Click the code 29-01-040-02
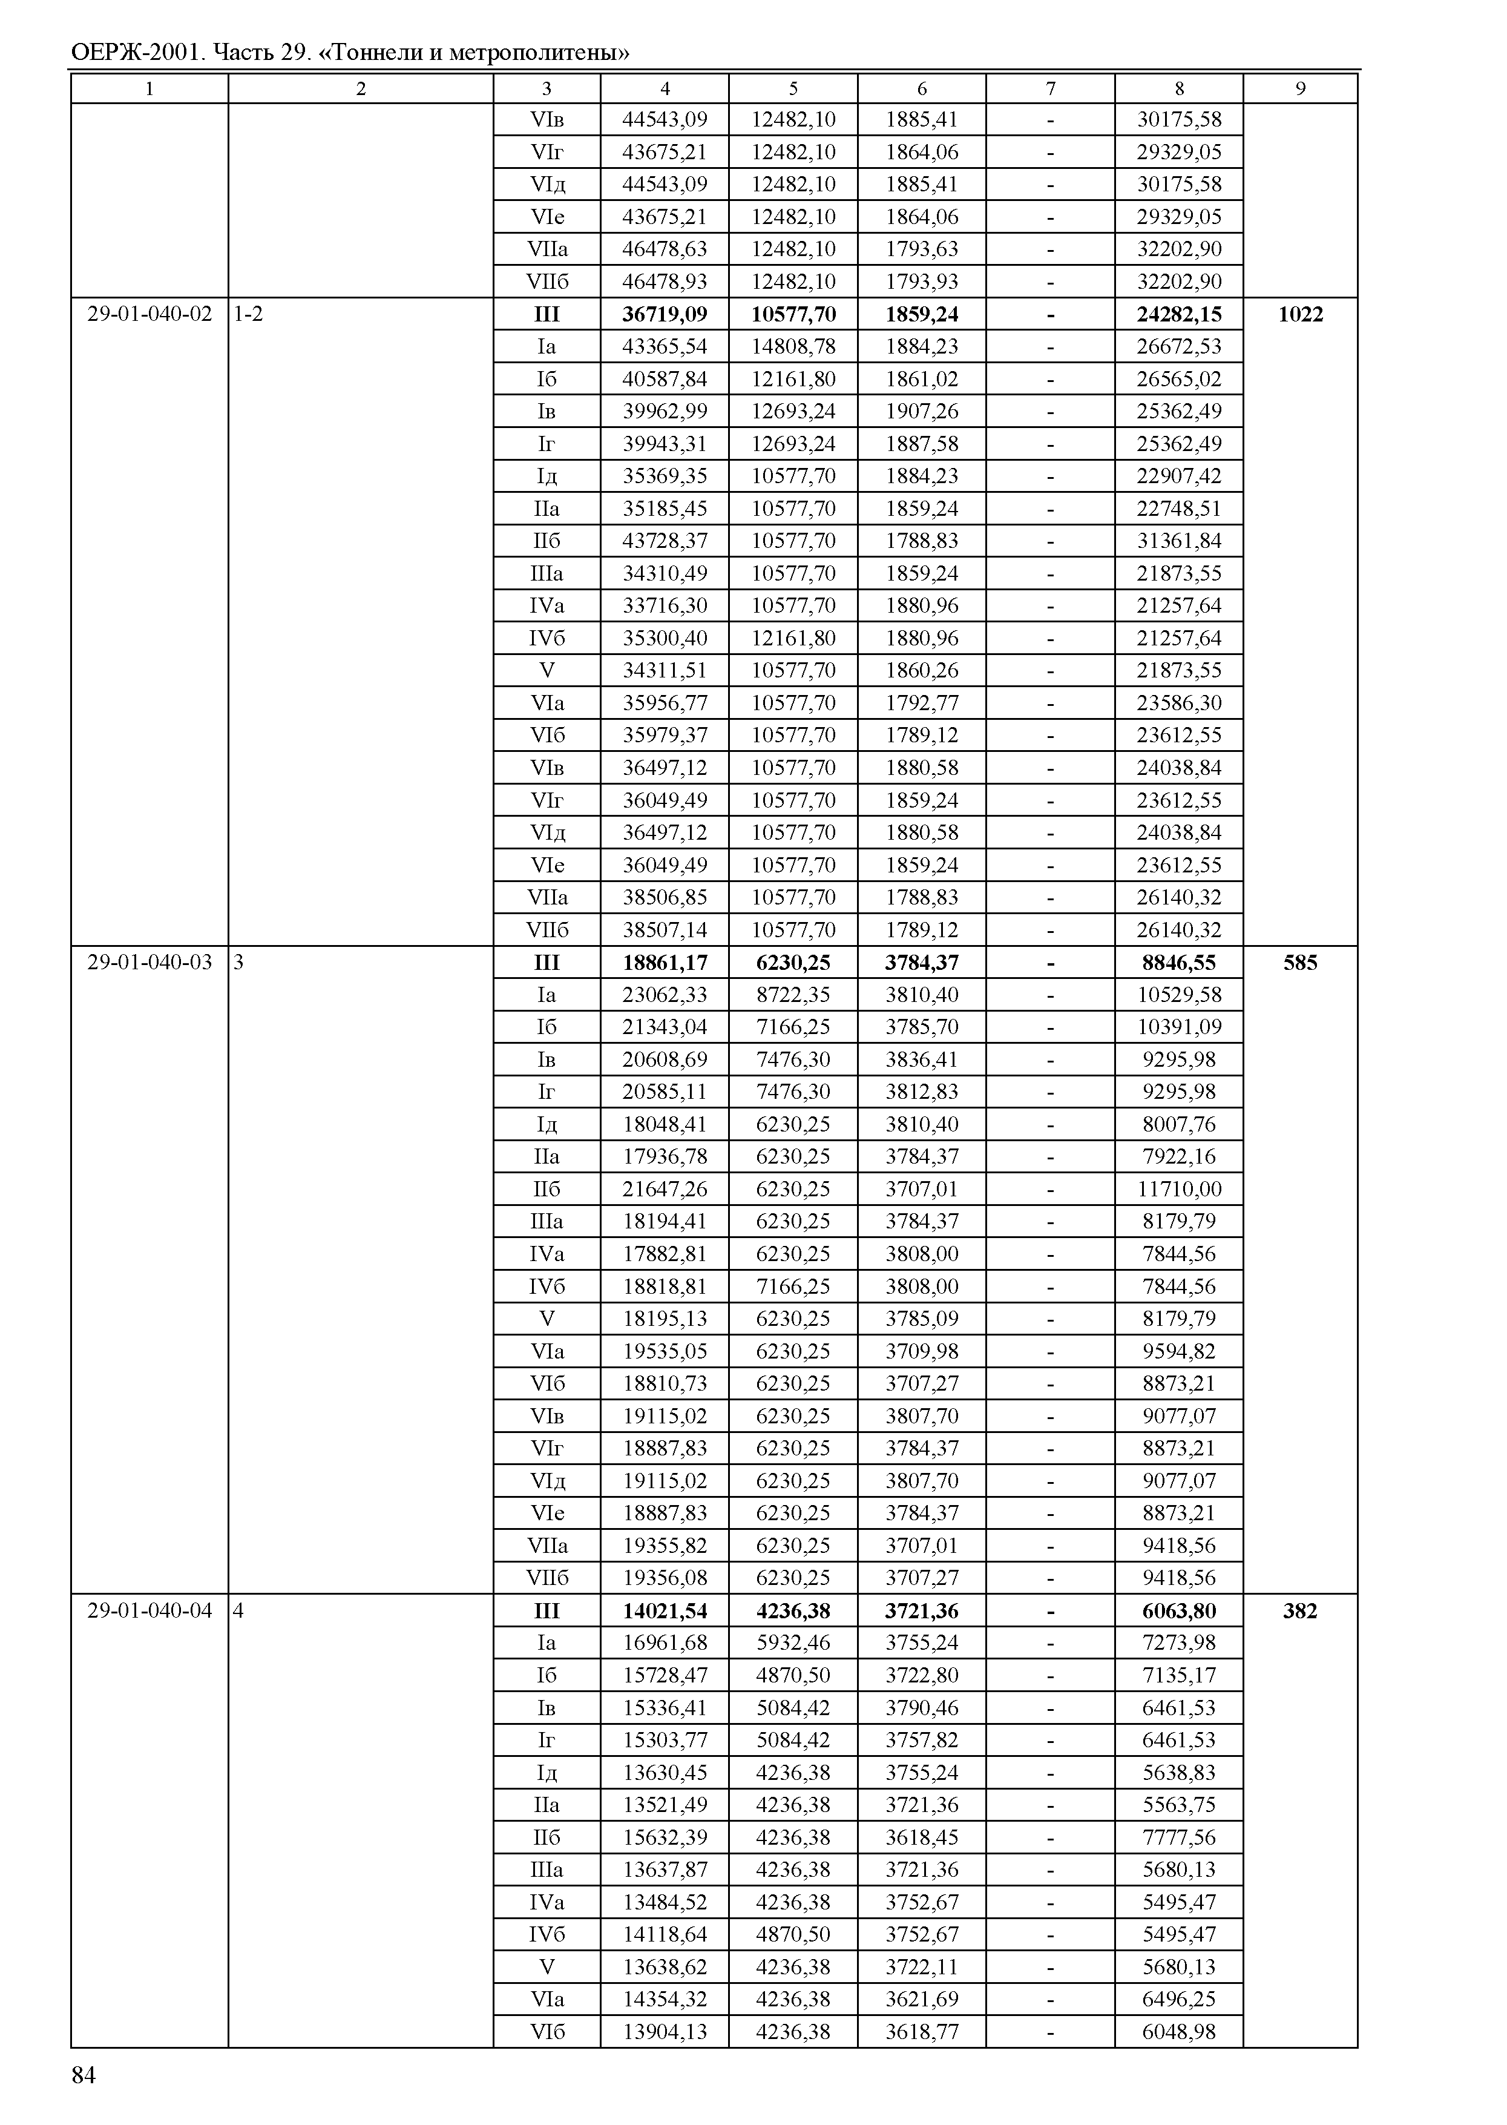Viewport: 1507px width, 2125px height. coord(149,314)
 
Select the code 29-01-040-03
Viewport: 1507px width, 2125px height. coord(149,962)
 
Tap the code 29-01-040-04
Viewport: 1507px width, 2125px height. coord(149,1610)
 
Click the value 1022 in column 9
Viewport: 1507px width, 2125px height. coord(1299,314)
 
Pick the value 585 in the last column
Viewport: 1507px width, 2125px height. coord(1299,963)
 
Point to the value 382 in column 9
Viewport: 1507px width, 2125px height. coord(1299,1610)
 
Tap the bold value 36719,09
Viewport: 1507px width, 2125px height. coord(665,314)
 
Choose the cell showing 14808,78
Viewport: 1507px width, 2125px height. coord(793,346)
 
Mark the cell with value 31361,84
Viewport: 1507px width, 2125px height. coord(1178,540)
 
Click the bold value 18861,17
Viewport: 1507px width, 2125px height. coord(665,963)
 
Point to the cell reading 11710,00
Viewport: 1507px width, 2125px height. coord(1178,1188)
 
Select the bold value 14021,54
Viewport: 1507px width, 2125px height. coord(665,1610)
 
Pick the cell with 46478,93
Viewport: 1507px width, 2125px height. coord(665,282)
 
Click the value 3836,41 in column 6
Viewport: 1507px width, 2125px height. coord(922,1059)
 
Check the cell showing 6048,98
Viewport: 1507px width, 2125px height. coord(1178,2031)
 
